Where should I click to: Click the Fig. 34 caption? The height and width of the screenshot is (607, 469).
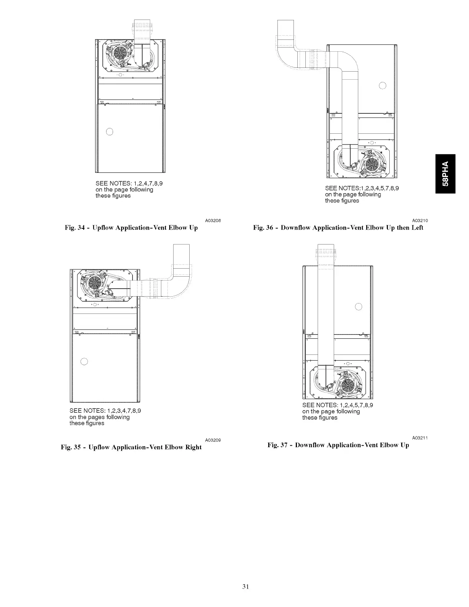pyautogui.click(x=131, y=228)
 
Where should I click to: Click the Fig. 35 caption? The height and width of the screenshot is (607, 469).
pyautogui.click(x=131, y=447)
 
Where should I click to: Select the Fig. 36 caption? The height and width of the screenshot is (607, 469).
pyautogui.click(x=338, y=228)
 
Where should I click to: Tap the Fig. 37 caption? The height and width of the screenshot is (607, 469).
pyautogui.click(x=338, y=445)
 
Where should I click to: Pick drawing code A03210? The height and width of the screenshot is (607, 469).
pyautogui.click(x=420, y=220)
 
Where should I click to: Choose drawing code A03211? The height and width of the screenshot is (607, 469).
pyautogui.click(x=420, y=438)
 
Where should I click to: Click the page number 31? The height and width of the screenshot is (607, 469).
pyautogui.click(x=246, y=586)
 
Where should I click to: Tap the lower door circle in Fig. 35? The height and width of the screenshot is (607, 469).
pyautogui.click(x=84, y=361)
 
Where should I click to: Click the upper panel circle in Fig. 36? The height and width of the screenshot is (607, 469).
pyautogui.click(x=382, y=85)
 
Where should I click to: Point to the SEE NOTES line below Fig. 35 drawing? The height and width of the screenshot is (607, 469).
pyautogui.click(x=105, y=411)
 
